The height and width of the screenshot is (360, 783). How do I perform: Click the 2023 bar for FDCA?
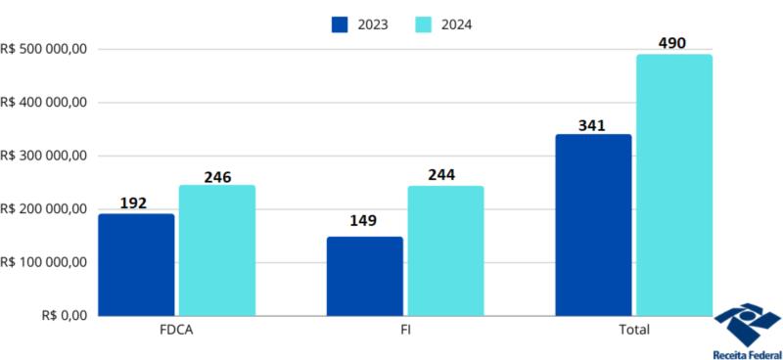tap(136, 264)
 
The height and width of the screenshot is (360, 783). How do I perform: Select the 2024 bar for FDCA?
tap(216, 250)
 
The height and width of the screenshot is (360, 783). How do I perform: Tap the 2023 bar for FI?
tap(364, 276)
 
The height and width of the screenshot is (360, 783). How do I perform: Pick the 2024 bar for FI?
tap(445, 250)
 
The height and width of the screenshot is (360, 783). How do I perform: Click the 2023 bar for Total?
tap(593, 225)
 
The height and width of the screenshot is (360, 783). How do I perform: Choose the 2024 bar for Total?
tap(674, 185)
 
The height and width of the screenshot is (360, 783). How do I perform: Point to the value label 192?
tap(133, 203)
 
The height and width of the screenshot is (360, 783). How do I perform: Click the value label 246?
tap(217, 177)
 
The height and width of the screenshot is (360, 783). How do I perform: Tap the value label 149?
tap(362, 220)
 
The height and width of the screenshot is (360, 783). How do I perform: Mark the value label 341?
tap(592, 125)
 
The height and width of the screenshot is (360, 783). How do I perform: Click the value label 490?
tap(673, 43)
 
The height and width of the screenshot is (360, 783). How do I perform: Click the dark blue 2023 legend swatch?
tap(340, 24)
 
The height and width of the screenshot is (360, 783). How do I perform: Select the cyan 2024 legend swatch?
tap(424, 24)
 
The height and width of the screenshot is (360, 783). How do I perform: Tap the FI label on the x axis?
tap(404, 330)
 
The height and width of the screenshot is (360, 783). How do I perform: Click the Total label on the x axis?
tap(633, 330)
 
